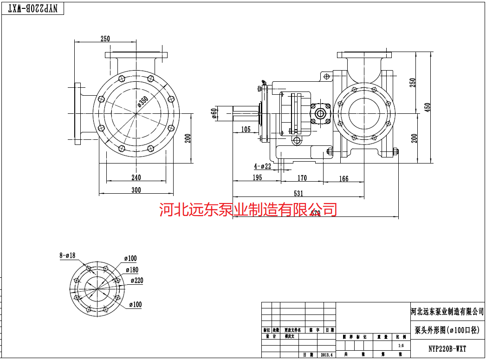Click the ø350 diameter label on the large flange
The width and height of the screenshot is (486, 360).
143,102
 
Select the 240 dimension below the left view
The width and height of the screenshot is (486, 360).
136,177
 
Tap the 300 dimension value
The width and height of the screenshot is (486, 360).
136,190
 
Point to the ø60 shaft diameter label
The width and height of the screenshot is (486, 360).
214,113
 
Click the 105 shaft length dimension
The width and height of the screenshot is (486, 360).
246,130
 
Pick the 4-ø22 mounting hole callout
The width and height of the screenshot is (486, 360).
262,166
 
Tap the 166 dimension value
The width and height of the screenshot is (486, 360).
343,179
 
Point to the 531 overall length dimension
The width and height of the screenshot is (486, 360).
298,193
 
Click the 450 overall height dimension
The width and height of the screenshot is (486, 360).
428,107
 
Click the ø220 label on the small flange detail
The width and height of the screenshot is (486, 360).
136,281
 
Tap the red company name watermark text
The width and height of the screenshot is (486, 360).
248,209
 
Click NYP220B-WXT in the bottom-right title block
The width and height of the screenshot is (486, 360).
447,348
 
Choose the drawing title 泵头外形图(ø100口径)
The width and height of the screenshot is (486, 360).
447,330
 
